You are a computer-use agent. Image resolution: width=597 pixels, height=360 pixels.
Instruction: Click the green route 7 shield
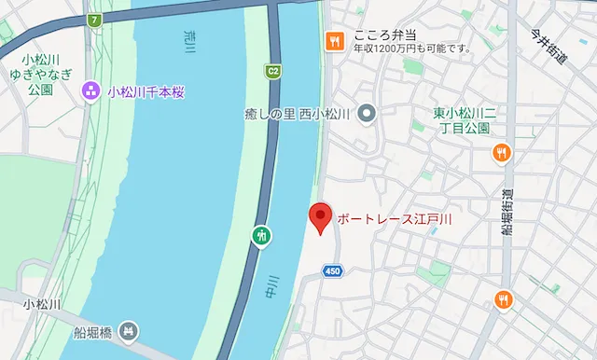point(93,20)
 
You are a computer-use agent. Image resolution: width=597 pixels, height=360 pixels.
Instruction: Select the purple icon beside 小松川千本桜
point(90,90)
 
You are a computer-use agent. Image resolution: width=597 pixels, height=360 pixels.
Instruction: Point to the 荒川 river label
point(190,41)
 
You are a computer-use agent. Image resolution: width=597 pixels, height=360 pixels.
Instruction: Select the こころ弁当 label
point(382,35)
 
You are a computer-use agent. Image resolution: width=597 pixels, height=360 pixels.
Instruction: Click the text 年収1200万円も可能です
point(410,48)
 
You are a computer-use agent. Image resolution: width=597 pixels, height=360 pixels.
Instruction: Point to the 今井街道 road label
point(549,46)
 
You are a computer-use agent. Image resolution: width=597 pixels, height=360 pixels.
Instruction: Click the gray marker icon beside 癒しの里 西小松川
point(367,115)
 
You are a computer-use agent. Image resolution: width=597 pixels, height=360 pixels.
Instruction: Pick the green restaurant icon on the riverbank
point(262,234)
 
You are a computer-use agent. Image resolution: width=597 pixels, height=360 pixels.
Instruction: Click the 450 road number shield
point(333,270)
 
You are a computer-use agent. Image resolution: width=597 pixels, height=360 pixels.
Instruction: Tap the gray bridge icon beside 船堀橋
point(130,329)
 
